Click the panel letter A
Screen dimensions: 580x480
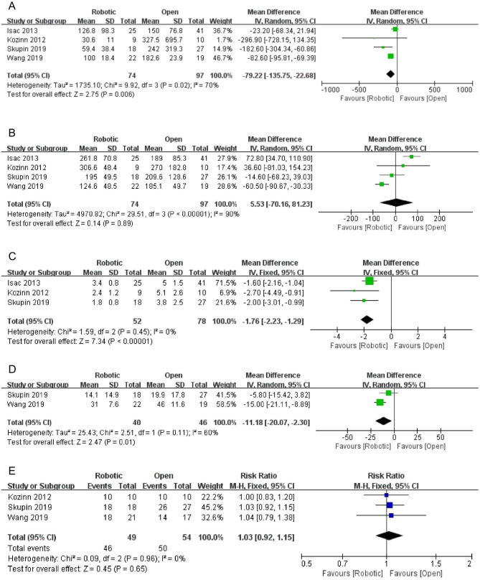point(10,6)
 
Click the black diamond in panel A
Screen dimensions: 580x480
point(390,73)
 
